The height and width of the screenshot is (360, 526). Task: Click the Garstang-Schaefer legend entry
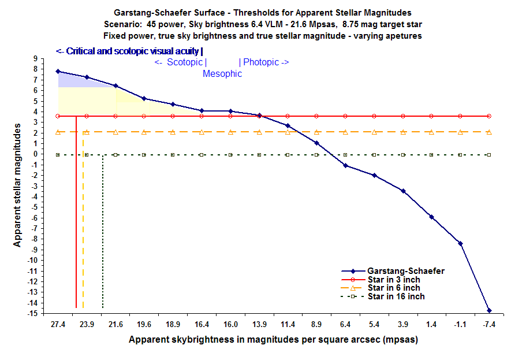click(x=405, y=270)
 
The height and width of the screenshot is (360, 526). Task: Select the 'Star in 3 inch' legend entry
click(x=393, y=279)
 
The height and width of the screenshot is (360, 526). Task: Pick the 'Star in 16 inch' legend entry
click(x=396, y=296)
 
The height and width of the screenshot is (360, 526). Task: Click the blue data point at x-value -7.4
click(x=489, y=310)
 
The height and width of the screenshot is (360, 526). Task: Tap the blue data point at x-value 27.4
click(x=58, y=71)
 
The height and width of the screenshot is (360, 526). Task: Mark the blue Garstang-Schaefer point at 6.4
click(x=345, y=165)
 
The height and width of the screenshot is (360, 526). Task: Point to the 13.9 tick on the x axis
click(x=259, y=325)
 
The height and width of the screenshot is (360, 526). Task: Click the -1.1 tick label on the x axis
click(x=460, y=325)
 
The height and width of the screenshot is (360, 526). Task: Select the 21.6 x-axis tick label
click(x=115, y=325)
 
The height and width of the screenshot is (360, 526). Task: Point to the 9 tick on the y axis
click(x=36, y=58)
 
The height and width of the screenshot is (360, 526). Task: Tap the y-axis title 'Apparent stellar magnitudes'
click(x=18, y=187)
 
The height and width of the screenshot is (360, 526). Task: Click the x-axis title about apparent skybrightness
click(x=273, y=339)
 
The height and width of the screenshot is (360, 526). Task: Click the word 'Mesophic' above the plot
click(x=222, y=74)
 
